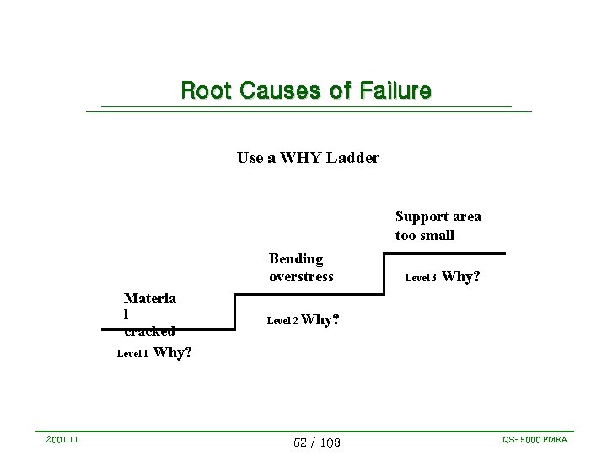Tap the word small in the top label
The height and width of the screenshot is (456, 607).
[x=436, y=235]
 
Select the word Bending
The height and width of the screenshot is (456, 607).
[x=296, y=258]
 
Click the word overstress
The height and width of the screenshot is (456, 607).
[x=301, y=276]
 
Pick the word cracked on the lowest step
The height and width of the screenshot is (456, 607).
[x=149, y=331]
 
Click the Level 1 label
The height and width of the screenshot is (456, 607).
[x=132, y=354]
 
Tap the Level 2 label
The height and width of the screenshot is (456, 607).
[x=282, y=321]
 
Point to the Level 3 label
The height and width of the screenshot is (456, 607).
[x=421, y=277]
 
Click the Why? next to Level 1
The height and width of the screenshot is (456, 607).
[x=173, y=353]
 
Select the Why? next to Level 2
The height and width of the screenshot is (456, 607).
[x=320, y=320]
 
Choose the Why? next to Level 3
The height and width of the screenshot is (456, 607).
[x=461, y=276]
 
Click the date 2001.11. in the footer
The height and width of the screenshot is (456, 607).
[x=64, y=440]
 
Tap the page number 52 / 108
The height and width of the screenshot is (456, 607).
[x=317, y=442]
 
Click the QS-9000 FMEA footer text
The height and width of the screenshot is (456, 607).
[x=534, y=440]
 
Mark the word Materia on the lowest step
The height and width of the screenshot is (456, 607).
[x=150, y=298]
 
